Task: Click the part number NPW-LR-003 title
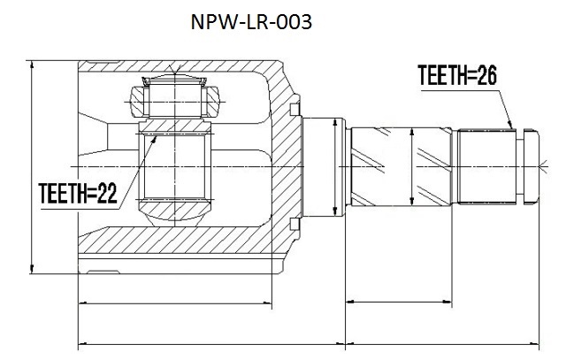pyautogui.click(x=251, y=22)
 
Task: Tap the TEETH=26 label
pyautogui.click(x=457, y=75)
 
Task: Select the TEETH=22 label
pyautogui.click(x=78, y=193)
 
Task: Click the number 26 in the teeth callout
pyautogui.click(x=487, y=75)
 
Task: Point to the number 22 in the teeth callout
pyautogui.click(x=108, y=193)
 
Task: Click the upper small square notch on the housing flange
pyautogui.click(x=294, y=110)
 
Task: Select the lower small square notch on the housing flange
pyautogui.click(x=294, y=224)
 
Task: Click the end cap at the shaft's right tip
pyautogui.click(x=532, y=166)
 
